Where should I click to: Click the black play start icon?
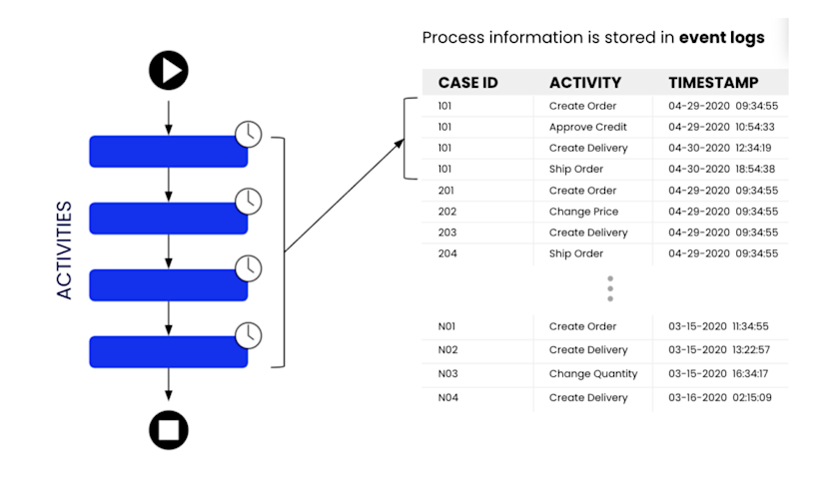point(169,71)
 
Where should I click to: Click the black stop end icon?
point(169,430)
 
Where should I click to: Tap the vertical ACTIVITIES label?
point(65,250)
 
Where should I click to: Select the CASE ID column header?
point(467,83)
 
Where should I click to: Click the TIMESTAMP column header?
point(713,83)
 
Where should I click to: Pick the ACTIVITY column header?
point(585,83)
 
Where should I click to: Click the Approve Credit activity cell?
point(588,128)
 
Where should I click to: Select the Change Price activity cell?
point(583,212)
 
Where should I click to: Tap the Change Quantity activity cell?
point(592,374)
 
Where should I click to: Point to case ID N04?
point(448,398)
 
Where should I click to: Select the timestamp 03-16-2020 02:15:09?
point(718,398)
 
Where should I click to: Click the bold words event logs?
point(721,38)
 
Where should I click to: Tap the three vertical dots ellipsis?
point(610,289)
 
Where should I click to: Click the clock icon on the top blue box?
point(249,134)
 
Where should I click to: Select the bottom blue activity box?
point(168,351)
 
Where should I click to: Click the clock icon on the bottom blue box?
point(249,334)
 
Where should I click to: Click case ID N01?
point(448,326)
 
